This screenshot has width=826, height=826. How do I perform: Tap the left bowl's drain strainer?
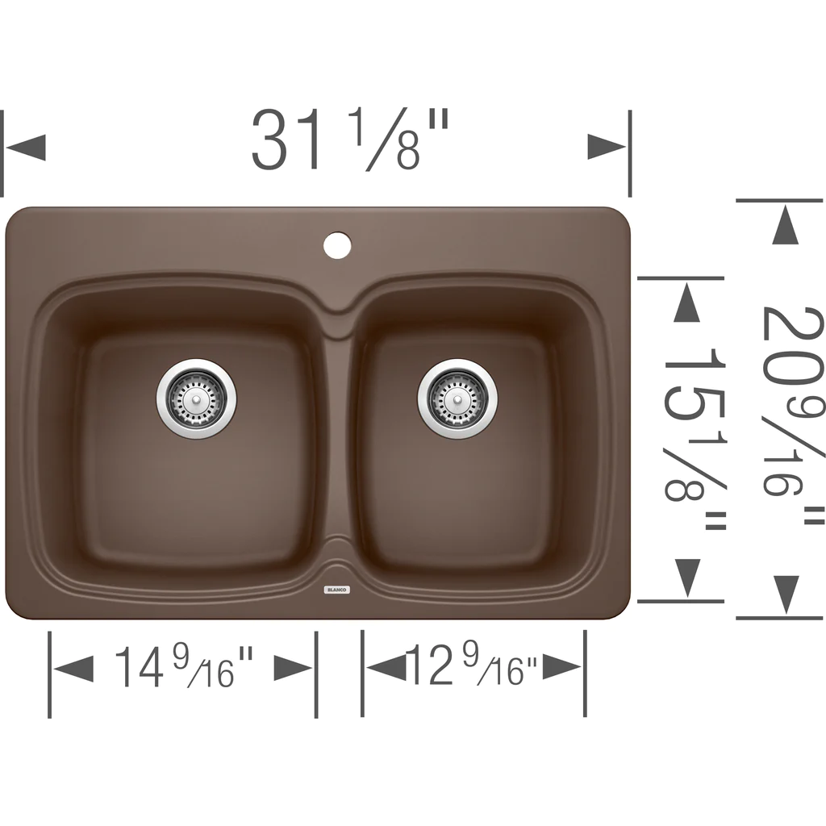click(x=196, y=399)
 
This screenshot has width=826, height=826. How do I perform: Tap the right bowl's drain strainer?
click(x=457, y=398)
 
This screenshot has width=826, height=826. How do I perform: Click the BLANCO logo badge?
click(x=337, y=590)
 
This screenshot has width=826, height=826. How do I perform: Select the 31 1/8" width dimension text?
click(x=350, y=140)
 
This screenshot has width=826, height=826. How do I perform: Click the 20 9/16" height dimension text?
click(x=792, y=416)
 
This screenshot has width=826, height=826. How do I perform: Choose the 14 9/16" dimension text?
click(x=184, y=667)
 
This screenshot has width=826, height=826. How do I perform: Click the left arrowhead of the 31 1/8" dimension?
click(x=25, y=147)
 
